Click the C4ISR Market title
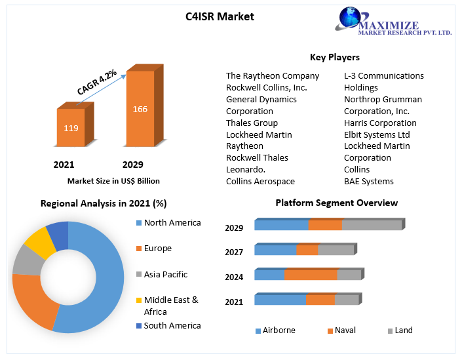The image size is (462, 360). tap(220, 16)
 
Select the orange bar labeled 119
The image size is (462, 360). tap(71, 128)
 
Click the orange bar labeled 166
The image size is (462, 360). tap(140, 109)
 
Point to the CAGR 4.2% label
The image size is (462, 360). tap(97, 83)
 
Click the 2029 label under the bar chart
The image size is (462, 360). tap(132, 165)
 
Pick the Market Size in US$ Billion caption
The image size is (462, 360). tap(113, 181)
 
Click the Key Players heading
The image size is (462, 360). tap(334, 58)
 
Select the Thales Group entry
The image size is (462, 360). tap(252, 123)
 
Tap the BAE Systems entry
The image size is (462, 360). tap(369, 181)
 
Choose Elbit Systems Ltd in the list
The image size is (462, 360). tap(377, 134)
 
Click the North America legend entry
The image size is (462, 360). tap(172, 223)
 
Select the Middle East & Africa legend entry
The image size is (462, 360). tap(170, 306)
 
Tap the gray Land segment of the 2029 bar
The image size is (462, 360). tap(371, 226)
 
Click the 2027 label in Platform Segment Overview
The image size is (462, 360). tap(234, 252)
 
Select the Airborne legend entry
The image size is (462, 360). tap(279, 330)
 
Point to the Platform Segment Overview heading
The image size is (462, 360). tap(336, 203)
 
